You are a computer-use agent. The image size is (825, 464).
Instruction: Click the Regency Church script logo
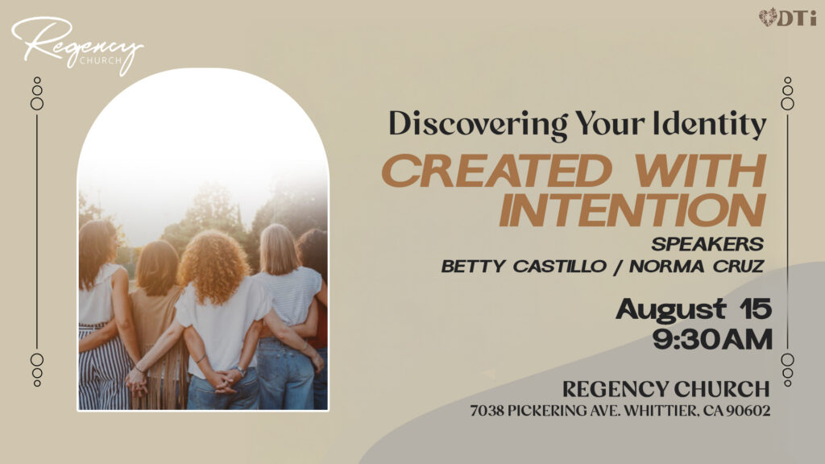click(77, 45)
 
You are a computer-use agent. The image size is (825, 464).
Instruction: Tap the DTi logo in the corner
click(788, 18)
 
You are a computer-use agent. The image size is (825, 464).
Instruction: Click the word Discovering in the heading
click(478, 124)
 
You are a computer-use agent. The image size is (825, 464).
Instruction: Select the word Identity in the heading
click(709, 124)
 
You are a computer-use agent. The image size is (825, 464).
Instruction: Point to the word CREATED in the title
click(497, 171)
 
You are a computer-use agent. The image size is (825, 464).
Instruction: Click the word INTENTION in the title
click(632, 210)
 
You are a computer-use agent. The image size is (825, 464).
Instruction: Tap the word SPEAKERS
click(707, 244)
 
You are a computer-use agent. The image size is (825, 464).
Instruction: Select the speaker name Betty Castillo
click(524, 266)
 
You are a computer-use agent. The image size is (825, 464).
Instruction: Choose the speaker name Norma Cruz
click(697, 266)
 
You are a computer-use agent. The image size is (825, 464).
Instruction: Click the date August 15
click(694, 309)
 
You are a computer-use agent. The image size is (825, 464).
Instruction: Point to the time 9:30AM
click(712, 339)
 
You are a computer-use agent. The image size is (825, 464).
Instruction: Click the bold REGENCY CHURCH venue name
click(665, 389)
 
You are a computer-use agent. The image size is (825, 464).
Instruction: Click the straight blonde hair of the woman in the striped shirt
click(279, 250)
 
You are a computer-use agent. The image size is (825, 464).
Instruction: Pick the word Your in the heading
click(609, 124)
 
